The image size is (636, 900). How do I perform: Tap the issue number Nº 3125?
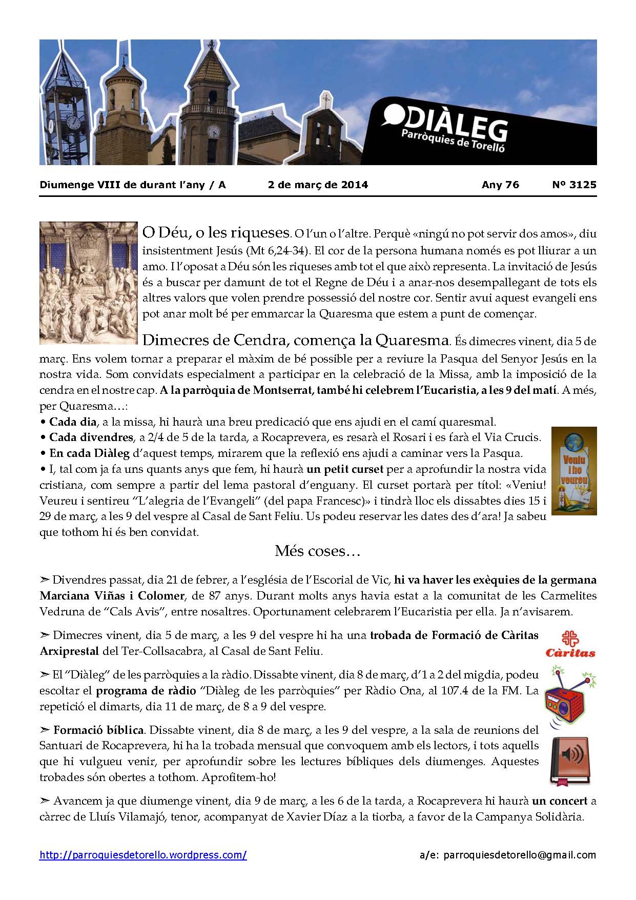coord(574,185)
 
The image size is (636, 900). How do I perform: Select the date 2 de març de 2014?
coord(318,185)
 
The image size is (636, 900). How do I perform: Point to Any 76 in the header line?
coord(500,185)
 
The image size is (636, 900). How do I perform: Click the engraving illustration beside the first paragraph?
coord(88,282)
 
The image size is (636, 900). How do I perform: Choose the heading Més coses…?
coord(318,551)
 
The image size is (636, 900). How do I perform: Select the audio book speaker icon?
coord(570,761)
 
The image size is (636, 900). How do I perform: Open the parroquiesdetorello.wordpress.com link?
coord(143,855)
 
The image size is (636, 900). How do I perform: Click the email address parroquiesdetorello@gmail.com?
coord(519,855)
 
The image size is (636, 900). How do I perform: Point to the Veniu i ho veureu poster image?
coord(573,470)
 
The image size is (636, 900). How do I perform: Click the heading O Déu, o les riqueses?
coord(215,233)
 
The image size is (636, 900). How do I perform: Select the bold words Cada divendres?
coord(91,437)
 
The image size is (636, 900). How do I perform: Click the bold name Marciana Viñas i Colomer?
coord(112,596)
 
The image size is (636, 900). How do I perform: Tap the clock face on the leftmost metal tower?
coord(73,122)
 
